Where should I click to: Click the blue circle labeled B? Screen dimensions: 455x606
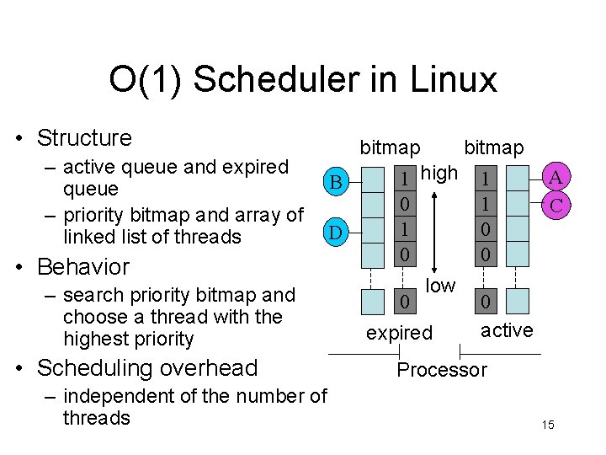pos(335,181)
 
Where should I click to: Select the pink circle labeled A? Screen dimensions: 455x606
pos(555,178)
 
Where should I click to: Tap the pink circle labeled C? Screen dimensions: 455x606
pos(555,204)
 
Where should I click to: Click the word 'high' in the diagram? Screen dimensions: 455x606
pos(439,174)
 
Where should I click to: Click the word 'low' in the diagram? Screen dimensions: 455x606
pos(439,286)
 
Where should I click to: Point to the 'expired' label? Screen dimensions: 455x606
pos(399,333)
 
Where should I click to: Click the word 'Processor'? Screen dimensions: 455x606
pos(441,370)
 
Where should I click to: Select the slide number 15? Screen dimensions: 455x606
pos(548,425)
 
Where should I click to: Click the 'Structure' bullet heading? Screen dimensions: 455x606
pos(84,137)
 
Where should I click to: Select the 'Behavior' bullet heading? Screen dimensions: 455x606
pos(82,267)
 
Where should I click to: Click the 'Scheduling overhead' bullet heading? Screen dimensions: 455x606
pos(147,368)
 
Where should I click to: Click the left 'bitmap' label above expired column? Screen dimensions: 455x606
pos(390,147)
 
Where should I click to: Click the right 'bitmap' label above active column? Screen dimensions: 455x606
pos(494,147)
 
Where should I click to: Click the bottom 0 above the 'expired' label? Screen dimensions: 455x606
pos(405,300)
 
